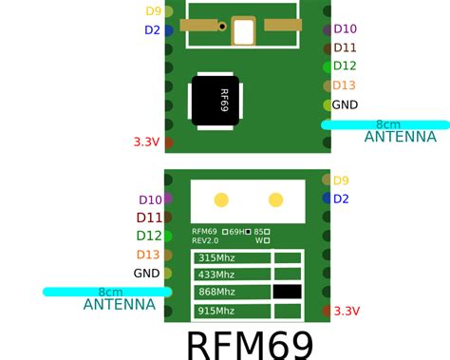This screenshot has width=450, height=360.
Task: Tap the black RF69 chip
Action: point(217,100)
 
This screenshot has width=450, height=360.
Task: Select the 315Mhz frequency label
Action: point(215,258)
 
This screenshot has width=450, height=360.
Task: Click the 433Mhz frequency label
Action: point(215,275)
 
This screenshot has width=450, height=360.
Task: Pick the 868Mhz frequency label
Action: point(215,293)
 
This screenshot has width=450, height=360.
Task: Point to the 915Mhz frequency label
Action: point(215,311)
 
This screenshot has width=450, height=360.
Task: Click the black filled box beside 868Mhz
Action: point(287,293)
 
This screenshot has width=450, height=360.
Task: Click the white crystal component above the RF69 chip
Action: point(244,31)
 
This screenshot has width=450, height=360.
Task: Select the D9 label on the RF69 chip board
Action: point(153,11)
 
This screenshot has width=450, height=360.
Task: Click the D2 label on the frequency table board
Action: point(341,199)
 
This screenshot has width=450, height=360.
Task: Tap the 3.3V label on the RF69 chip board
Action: point(146,142)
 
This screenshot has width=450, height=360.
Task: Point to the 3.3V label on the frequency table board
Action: point(347,311)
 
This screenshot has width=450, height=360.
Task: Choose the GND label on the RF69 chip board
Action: point(345,104)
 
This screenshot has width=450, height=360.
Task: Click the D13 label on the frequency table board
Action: point(148,255)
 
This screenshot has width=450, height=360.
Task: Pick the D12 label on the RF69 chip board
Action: point(345,66)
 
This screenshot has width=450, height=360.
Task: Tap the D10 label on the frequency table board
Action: point(150,199)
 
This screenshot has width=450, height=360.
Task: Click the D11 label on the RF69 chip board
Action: point(346,47)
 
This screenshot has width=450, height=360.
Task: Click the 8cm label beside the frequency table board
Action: point(110,292)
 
